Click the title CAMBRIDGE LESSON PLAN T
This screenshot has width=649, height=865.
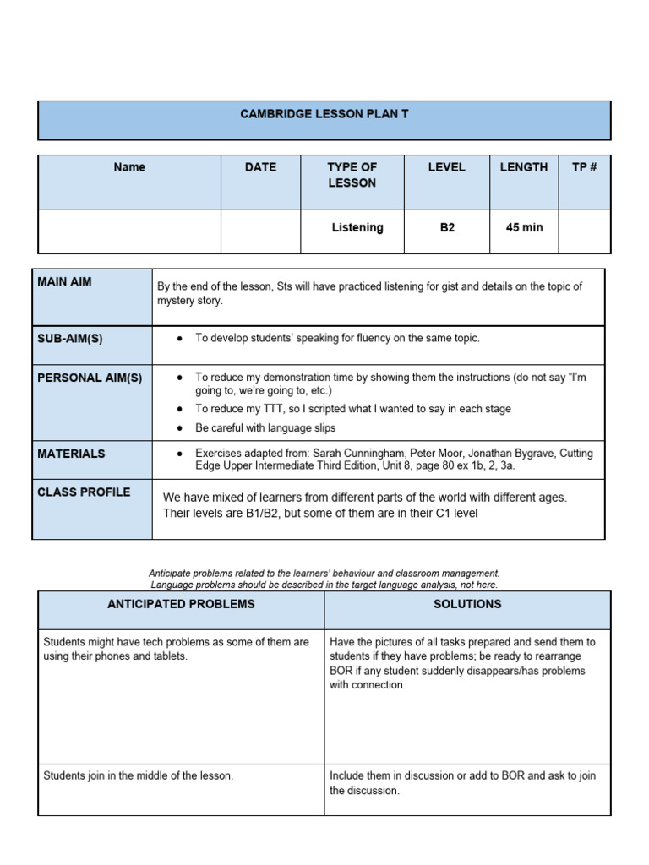pos(324,113)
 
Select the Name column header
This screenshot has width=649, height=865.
pos(129,167)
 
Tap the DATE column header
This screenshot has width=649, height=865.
pos(260,167)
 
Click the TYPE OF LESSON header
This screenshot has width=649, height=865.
pos(352,175)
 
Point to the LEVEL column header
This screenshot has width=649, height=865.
pos(446,167)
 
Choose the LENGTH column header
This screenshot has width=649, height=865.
pos(523,167)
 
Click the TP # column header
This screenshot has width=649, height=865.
pos(584,167)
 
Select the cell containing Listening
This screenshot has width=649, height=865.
pos(357,227)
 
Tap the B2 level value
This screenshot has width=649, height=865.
pos(447,227)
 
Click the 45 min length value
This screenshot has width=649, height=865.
pos(524,227)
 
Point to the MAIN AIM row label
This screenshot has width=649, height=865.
pos(64,281)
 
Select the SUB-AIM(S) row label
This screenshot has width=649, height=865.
pos(70,338)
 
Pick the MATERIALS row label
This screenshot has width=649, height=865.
pos(71,454)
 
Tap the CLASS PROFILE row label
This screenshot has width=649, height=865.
pos(84,492)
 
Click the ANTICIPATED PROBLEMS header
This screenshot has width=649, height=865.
pos(181,604)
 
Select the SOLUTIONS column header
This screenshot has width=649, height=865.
pos(467,604)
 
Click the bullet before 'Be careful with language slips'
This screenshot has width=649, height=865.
pos(180,428)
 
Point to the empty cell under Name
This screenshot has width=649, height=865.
pos(129,231)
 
